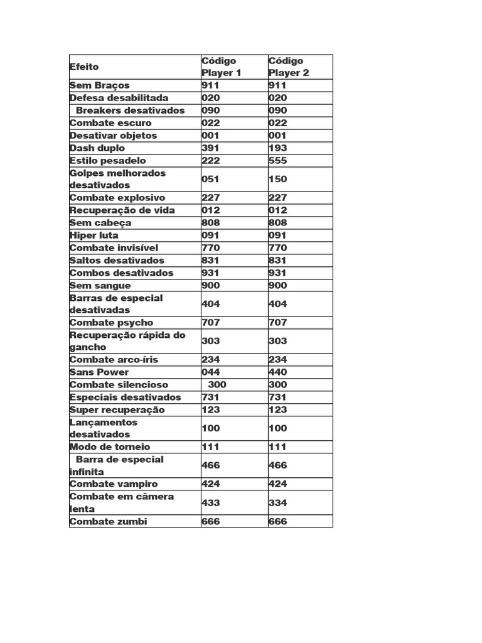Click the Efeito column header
(84, 67)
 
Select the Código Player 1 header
(221, 67)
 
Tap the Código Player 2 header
(289, 67)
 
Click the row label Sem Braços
(100, 85)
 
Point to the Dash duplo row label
(97, 148)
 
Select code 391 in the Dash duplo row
(210, 148)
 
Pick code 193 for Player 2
(277, 148)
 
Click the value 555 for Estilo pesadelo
(277, 161)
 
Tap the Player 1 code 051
(210, 179)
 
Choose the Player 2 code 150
(277, 179)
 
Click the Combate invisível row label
(114, 248)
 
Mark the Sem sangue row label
(100, 286)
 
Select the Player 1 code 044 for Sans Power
(210, 372)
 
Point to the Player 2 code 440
(277, 372)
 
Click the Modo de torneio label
(110, 447)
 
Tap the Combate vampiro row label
(114, 484)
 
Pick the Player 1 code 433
(210, 503)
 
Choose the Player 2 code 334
(277, 503)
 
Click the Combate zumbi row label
(108, 522)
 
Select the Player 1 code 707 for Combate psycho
(210, 323)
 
